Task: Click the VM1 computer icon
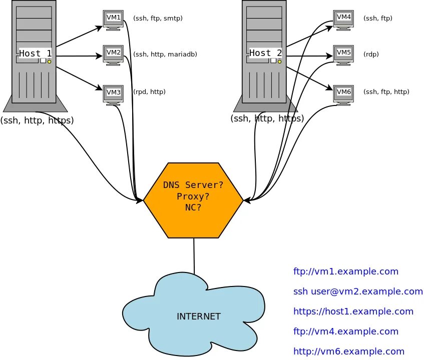113,19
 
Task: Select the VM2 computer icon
113,53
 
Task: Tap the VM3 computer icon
113,93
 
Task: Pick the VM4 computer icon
344,19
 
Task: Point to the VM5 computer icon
344,53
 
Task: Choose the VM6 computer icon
344,93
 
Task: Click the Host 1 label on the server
35,53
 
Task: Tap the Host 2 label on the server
266,53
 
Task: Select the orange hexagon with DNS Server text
193,200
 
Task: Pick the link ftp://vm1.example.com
346,271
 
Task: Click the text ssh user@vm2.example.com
358,291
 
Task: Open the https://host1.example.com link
353,311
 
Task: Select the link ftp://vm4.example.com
346,331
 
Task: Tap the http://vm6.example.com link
349,351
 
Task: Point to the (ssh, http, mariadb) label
165,54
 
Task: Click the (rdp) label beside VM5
371,54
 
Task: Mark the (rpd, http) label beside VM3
149,91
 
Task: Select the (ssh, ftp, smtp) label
158,18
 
